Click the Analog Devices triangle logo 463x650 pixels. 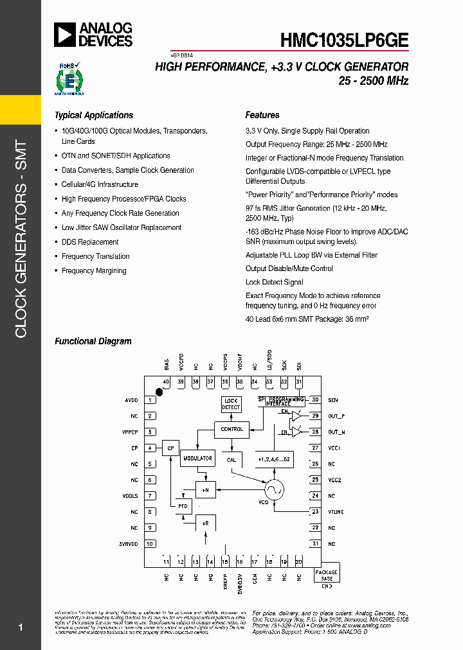click(66, 35)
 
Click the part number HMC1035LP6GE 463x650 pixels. click(343, 40)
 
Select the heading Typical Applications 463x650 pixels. click(94, 116)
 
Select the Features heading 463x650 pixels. click(262, 116)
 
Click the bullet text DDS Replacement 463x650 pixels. click(90, 242)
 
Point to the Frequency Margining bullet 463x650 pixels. click(94, 271)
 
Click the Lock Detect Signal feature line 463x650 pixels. click(274, 282)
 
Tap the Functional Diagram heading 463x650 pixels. click(93, 342)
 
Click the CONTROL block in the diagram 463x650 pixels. click(232, 429)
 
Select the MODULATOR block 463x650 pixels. click(197, 459)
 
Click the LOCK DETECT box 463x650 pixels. click(231, 404)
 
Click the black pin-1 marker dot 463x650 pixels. click(159, 392)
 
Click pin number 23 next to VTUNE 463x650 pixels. click(315, 512)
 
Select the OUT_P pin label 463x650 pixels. click(336, 416)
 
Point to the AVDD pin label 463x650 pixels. click(131, 400)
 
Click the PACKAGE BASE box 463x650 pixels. click(327, 575)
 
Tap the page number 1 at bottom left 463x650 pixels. click(21, 628)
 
